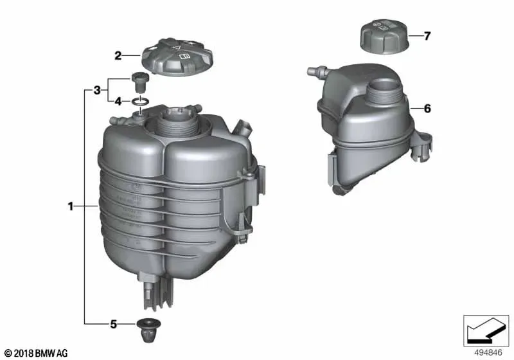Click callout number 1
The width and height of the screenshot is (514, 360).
coord(71,206)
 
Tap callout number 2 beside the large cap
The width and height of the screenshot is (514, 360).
coord(118,56)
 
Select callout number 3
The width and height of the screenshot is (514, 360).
coord(97,90)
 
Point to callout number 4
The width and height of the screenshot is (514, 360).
coord(118,102)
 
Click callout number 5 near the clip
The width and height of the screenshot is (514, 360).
coord(114,325)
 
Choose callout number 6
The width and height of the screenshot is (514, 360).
coord(427,109)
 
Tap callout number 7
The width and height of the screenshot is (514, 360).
coord(427,36)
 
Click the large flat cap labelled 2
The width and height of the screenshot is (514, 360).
coord(177,57)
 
